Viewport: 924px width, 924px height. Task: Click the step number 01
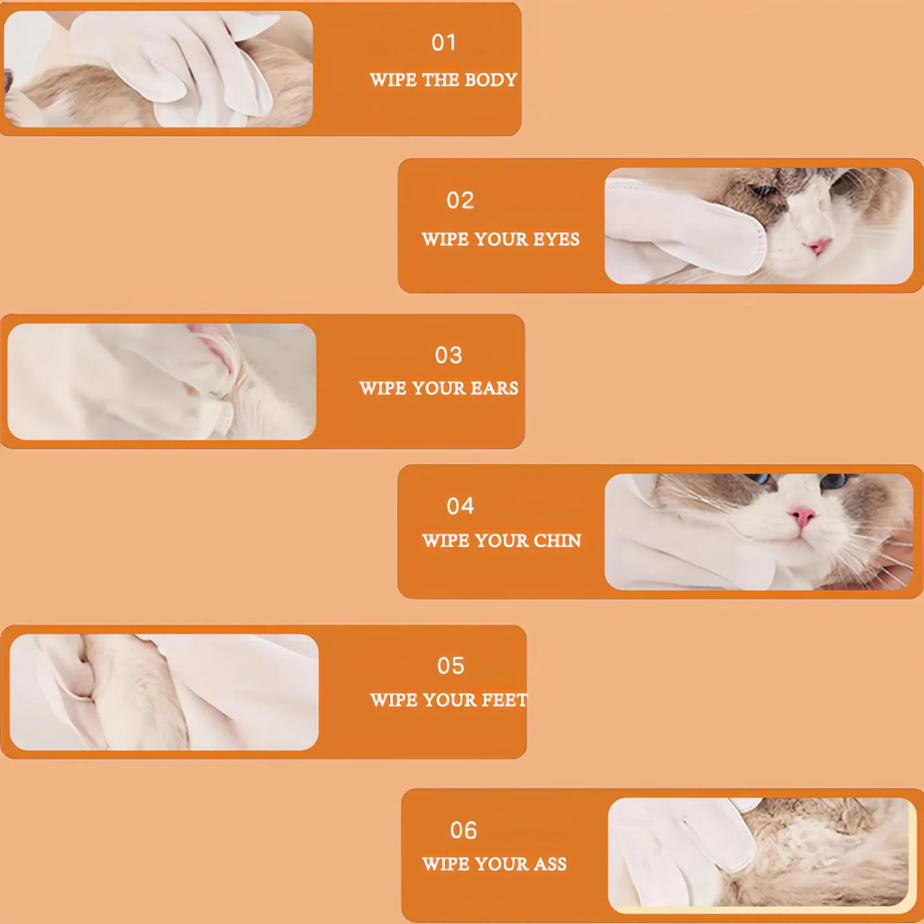click(444, 43)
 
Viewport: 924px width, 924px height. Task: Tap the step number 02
click(460, 200)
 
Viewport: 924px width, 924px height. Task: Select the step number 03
click(448, 355)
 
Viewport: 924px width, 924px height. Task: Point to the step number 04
click(460, 506)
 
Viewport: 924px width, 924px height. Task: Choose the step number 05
click(450, 666)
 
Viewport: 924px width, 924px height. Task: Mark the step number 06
click(463, 830)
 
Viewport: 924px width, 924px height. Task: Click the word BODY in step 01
click(490, 80)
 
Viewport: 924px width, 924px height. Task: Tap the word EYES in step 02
click(556, 239)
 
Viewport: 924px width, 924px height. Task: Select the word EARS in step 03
click(494, 388)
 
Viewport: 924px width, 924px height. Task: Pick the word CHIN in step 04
click(557, 541)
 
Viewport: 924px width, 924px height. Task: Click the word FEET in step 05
click(505, 700)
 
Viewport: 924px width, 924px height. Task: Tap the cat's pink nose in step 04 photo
click(803, 515)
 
